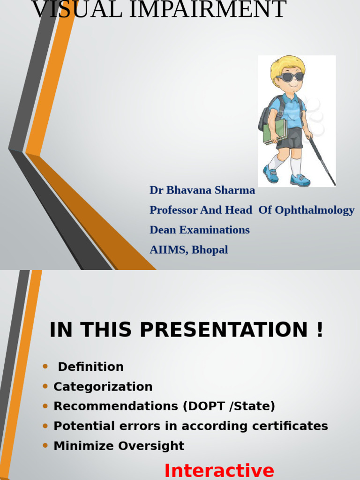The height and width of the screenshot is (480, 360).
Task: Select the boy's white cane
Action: (322, 161)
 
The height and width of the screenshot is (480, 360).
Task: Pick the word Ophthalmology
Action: (315, 210)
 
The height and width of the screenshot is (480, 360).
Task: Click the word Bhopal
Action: (210, 250)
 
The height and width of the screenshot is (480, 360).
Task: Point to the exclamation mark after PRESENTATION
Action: (320, 330)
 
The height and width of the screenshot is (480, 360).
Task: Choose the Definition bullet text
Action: (90, 367)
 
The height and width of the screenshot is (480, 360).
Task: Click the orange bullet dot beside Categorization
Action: (45, 386)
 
